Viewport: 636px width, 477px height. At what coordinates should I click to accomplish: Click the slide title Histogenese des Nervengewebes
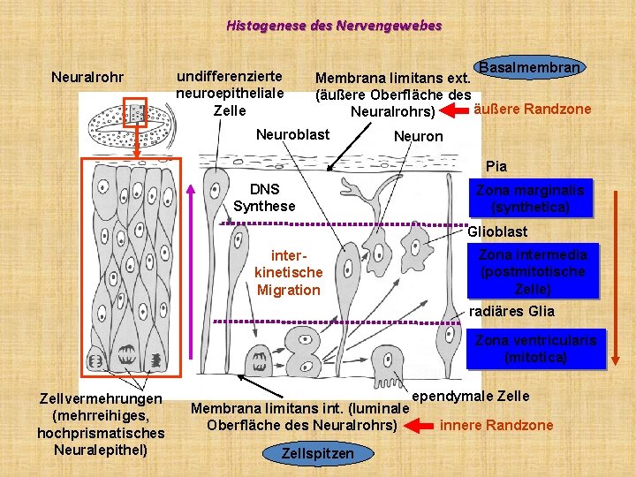pos(334,26)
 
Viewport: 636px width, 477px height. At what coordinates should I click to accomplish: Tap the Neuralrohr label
pos(87,78)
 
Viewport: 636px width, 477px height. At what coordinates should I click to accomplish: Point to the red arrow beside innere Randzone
pos(420,425)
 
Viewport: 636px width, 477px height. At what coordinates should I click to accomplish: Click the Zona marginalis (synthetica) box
pos(530,199)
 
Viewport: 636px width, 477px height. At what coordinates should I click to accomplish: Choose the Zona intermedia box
pos(534,271)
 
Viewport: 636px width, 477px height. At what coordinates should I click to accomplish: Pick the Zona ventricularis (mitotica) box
pos(536,349)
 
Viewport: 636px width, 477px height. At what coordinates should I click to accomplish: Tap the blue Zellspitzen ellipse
pos(317,454)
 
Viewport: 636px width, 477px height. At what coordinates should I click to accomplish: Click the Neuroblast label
pos(292,134)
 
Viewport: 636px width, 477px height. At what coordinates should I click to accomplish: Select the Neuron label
pos(418,136)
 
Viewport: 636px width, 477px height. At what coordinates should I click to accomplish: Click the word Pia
pos(496,166)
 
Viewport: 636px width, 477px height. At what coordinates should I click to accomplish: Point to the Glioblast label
pos(497,231)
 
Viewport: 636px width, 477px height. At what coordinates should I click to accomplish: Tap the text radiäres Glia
pos(512,310)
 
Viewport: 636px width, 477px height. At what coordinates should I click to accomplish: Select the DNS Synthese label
pos(264,198)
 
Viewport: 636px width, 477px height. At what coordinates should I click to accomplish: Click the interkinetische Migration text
pos(289,272)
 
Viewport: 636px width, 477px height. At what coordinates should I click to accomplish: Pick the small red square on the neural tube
pos(134,112)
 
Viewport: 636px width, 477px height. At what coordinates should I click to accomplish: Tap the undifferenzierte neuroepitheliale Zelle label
pos(230,94)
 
